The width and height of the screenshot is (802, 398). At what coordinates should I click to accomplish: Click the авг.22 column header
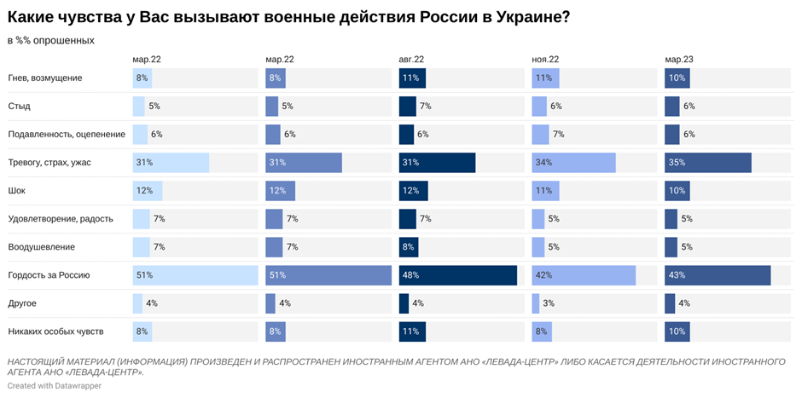click(x=411, y=60)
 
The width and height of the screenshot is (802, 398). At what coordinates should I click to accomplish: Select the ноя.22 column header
click(x=545, y=60)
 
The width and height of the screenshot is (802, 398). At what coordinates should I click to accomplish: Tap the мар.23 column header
click(x=678, y=60)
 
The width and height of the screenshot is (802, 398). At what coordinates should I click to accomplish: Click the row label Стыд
click(x=20, y=107)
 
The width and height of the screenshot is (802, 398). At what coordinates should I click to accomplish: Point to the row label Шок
click(x=17, y=191)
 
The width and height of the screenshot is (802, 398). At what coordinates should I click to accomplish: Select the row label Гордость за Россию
click(x=49, y=275)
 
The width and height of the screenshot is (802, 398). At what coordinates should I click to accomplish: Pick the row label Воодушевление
click(x=42, y=247)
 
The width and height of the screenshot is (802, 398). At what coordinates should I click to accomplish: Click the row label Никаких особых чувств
click(x=57, y=332)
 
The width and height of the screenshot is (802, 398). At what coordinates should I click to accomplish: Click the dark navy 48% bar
click(x=458, y=275)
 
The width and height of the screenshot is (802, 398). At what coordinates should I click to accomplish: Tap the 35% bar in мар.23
click(x=708, y=163)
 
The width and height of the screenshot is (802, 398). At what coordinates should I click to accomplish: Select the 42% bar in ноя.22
click(x=584, y=275)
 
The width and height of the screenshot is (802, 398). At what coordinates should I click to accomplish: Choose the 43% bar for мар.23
click(x=718, y=275)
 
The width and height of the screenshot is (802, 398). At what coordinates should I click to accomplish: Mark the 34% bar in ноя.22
click(x=573, y=163)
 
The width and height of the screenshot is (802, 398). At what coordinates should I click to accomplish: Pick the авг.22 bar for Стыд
click(x=407, y=107)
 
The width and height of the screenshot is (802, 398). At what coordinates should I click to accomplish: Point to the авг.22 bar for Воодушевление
click(x=408, y=247)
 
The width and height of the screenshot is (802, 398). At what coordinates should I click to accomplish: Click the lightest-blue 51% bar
click(x=195, y=275)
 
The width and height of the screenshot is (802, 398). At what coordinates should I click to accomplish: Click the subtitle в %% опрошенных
click(x=51, y=40)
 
